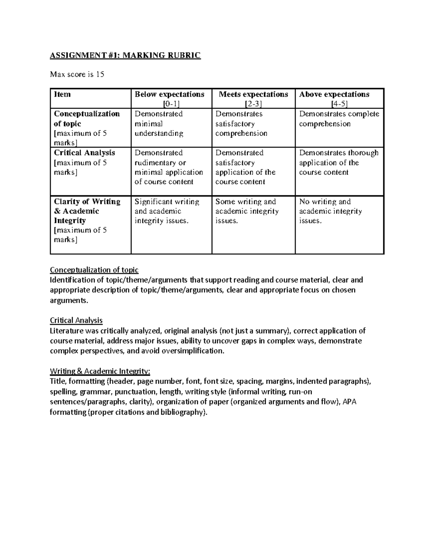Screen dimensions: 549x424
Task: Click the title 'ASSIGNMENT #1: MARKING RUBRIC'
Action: pos(125,56)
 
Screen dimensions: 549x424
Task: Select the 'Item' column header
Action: pos(62,94)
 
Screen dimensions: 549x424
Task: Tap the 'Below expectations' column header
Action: pos(170,94)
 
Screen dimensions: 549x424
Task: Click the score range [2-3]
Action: pos(253,104)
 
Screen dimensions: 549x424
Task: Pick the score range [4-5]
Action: pos(339,104)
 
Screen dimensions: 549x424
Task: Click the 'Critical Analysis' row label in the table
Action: pos(84,153)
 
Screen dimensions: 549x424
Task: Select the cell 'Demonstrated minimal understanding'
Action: pos(159,123)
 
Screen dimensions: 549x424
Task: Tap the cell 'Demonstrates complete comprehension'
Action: pos(338,119)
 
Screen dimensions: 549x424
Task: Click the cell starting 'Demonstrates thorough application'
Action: pos(338,163)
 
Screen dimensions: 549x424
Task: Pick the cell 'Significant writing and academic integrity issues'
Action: pos(167,211)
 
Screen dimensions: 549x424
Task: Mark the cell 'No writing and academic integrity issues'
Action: pos(330,211)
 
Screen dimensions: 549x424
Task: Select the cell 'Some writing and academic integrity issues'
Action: pos(247,211)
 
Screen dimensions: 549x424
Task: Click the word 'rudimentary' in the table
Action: pos(155,163)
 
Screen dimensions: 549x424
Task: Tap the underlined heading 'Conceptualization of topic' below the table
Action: pos(94,270)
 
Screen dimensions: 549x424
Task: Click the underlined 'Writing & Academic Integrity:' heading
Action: pos(100,371)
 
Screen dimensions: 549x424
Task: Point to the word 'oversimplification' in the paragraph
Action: pos(193,351)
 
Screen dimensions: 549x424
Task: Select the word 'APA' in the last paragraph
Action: pos(349,402)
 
